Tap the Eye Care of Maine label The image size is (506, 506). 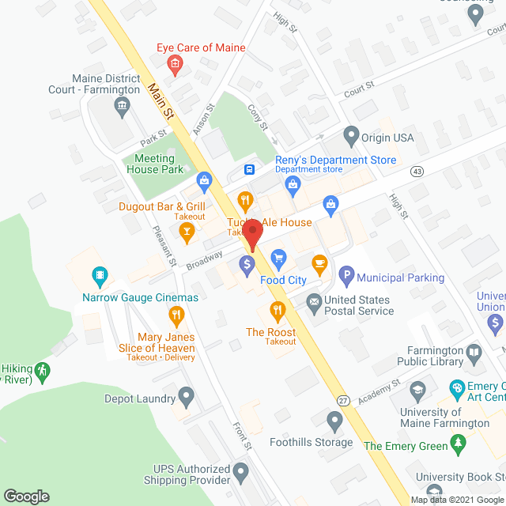tap(201, 47)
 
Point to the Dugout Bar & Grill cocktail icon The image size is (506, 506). tap(187, 231)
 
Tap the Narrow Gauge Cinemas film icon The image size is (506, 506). tap(100, 277)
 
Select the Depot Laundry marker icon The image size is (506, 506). tap(187, 395)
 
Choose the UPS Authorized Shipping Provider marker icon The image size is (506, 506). tap(241, 474)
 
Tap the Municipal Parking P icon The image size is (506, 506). tap(346, 277)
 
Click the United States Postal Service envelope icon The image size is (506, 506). tap(314, 300)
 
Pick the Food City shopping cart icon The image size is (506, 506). tap(278, 258)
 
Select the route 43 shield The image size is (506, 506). tap(417, 171)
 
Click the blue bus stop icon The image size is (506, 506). tap(249, 168)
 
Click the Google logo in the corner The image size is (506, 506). tap(25, 496)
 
